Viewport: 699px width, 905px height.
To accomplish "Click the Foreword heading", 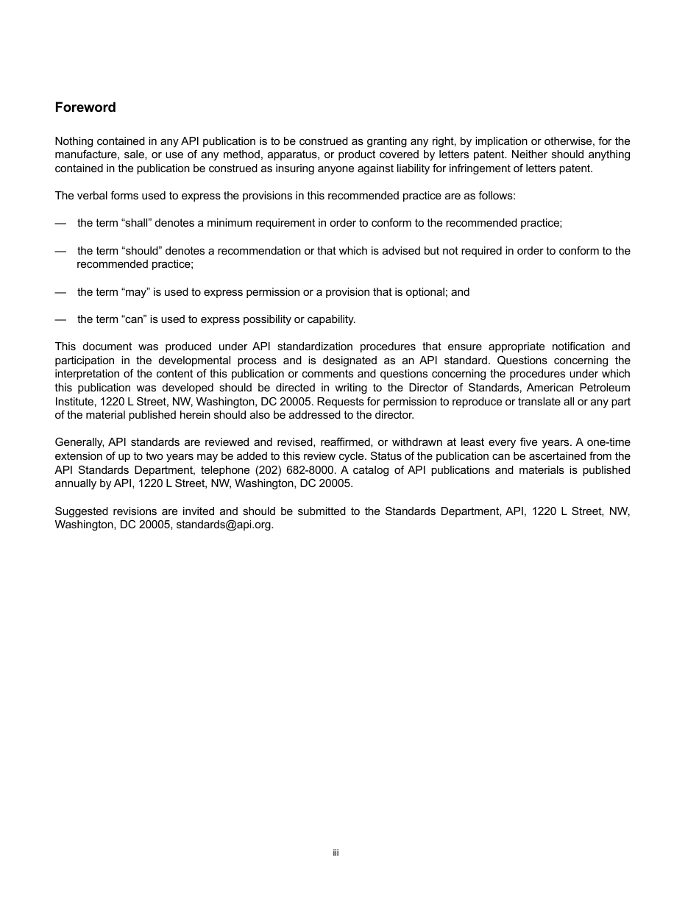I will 85,107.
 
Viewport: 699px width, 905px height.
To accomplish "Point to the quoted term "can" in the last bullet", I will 133,319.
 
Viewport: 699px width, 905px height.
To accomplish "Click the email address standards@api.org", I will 224,525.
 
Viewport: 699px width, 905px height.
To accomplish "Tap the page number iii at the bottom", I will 336,853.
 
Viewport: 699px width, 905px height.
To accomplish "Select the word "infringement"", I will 439,168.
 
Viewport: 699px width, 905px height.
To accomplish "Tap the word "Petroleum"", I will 606,388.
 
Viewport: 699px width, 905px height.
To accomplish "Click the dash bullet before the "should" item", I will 60,251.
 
